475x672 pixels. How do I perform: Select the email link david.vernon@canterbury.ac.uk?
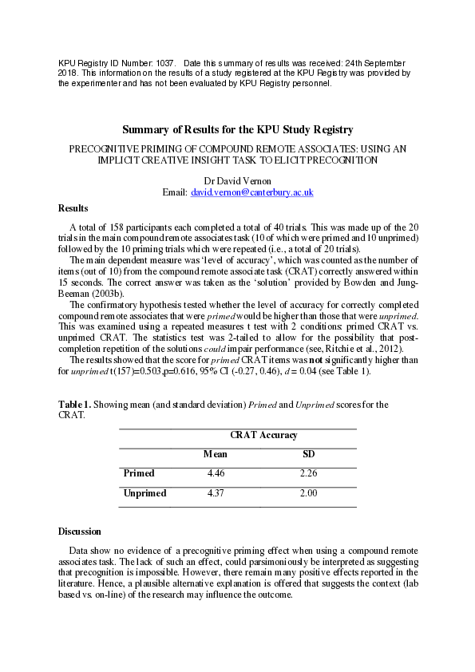(251, 192)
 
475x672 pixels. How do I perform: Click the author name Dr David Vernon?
(237, 181)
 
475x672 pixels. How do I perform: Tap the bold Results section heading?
(73, 208)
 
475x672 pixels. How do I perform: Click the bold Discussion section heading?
(80, 531)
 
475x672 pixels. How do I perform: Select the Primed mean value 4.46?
(216, 473)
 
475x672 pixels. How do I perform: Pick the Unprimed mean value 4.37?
(216, 493)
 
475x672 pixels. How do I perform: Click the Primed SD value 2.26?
(308, 473)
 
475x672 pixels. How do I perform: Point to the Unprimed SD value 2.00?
(308, 493)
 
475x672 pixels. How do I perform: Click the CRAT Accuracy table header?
(263, 435)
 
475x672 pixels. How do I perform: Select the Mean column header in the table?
(216, 454)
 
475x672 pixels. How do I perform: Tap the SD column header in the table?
(308, 454)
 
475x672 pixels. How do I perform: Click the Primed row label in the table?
(139, 473)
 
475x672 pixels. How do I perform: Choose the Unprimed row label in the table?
(144, 493)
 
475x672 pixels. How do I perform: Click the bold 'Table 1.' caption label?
(75, 405)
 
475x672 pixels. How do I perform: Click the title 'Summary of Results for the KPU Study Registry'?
(237, 129)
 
